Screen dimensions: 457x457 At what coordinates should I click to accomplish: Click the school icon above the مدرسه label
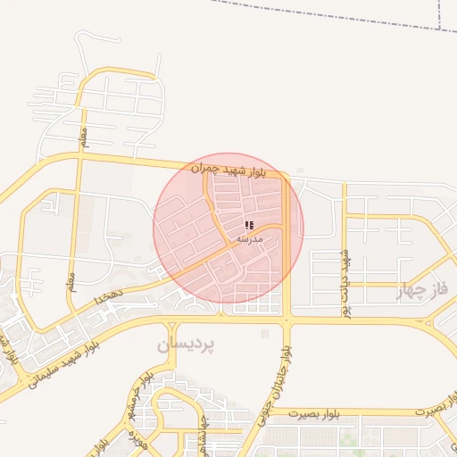(x=249, y=227)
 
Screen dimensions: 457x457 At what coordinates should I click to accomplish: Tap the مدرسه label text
(x=249, y=240)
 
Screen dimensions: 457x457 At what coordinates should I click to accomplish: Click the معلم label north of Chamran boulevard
(x=84, y=139)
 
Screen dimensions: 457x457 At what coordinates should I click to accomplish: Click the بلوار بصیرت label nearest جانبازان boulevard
(x=310, y=412)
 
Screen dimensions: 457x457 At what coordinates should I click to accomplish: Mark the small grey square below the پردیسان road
(x=264, y=334)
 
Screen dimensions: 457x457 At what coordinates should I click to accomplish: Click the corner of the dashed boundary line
(x=441, y=29)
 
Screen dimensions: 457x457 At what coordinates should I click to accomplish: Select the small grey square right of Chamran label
(x=300, y=170)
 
